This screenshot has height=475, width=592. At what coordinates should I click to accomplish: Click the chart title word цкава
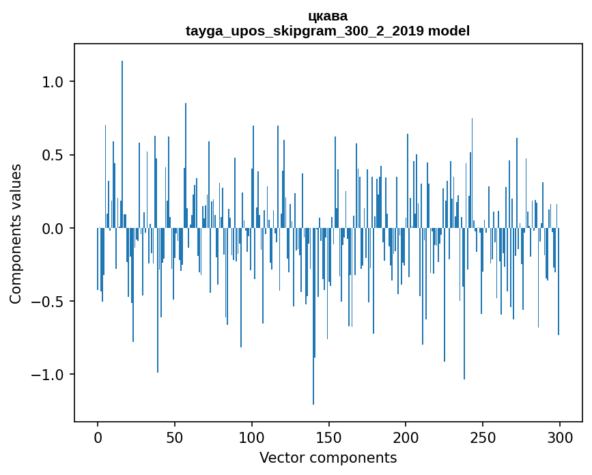click(x=328, y=16)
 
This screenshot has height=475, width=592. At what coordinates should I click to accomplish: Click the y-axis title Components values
click(x=16, y=233)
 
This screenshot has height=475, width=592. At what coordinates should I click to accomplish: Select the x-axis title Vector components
click(x=328, y=458)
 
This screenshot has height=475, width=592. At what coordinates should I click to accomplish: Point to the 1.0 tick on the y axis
click(x=54, y=81)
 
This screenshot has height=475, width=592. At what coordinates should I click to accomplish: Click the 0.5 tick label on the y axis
click(x=54, y=155)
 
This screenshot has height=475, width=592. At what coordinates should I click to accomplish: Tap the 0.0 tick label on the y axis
click(x=54, y=228)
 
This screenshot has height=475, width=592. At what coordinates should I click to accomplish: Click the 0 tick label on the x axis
click(x=98, y=437)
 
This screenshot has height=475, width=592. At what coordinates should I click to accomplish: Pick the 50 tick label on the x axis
click(x=175, y=437)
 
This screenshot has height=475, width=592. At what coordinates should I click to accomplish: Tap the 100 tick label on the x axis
click(x=252, y=437)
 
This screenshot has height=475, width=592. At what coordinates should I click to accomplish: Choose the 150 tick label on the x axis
click(x=329, y=437)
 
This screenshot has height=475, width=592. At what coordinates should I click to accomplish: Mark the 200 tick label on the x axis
click(x=406, y=437)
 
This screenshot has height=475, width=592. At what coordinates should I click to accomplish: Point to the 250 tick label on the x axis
click(x=483, y=437)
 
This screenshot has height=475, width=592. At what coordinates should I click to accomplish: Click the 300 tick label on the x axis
click(x=560, y=437)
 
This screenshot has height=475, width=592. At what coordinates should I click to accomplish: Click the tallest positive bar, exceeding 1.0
click(x=122, y=136)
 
